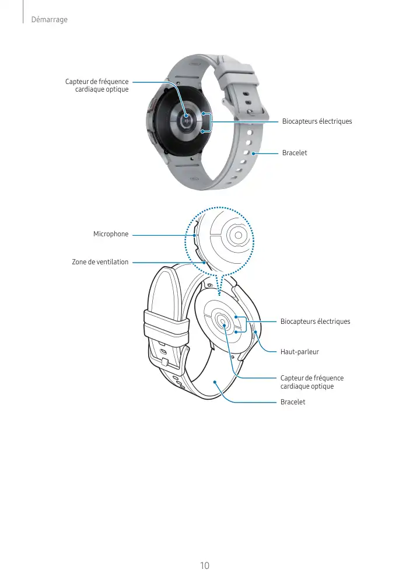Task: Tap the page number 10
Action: click(204, 565)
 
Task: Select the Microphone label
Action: click(111, 234)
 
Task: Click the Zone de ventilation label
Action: click(100, 262)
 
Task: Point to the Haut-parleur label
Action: click(300, 352)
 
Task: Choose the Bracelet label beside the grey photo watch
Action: click(295, 153)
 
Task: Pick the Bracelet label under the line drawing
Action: click(293, 403)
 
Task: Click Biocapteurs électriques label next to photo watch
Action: click(317, 121)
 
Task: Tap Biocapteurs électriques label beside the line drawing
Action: click(316, 322)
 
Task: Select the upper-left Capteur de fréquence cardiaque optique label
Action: click(97, 86)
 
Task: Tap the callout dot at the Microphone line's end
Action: click(194, 235)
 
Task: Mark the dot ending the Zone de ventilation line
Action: click(204, 263)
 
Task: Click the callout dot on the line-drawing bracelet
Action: click(216, 382)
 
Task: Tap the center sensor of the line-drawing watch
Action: click(223, 322)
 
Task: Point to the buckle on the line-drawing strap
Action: click(165, 362)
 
